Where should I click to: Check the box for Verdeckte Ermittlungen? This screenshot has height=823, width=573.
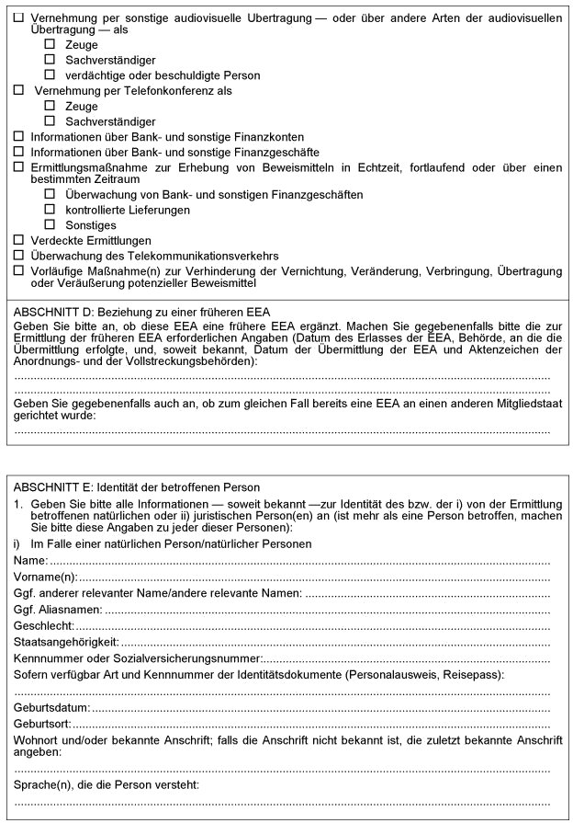pos(18,240)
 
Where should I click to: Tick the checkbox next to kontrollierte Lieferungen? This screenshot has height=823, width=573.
pos(50,210)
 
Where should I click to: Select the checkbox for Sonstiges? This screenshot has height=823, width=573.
pos(50,224)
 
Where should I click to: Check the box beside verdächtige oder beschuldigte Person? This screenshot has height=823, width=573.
pos(50,75)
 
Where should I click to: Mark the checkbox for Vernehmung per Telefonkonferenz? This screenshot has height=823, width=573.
pos(18,91)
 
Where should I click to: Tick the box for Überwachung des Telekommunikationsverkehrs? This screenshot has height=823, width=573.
pos(18,255)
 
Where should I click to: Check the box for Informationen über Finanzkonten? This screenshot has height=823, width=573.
pos(18,136)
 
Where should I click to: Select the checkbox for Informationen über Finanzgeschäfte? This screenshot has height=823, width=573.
pos(18,151)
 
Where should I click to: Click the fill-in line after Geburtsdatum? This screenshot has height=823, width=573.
pos(321,708)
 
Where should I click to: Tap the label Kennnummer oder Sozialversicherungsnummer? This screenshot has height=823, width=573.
pos(138,658)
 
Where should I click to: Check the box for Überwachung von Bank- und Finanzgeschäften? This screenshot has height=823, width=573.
pos(50,195)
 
